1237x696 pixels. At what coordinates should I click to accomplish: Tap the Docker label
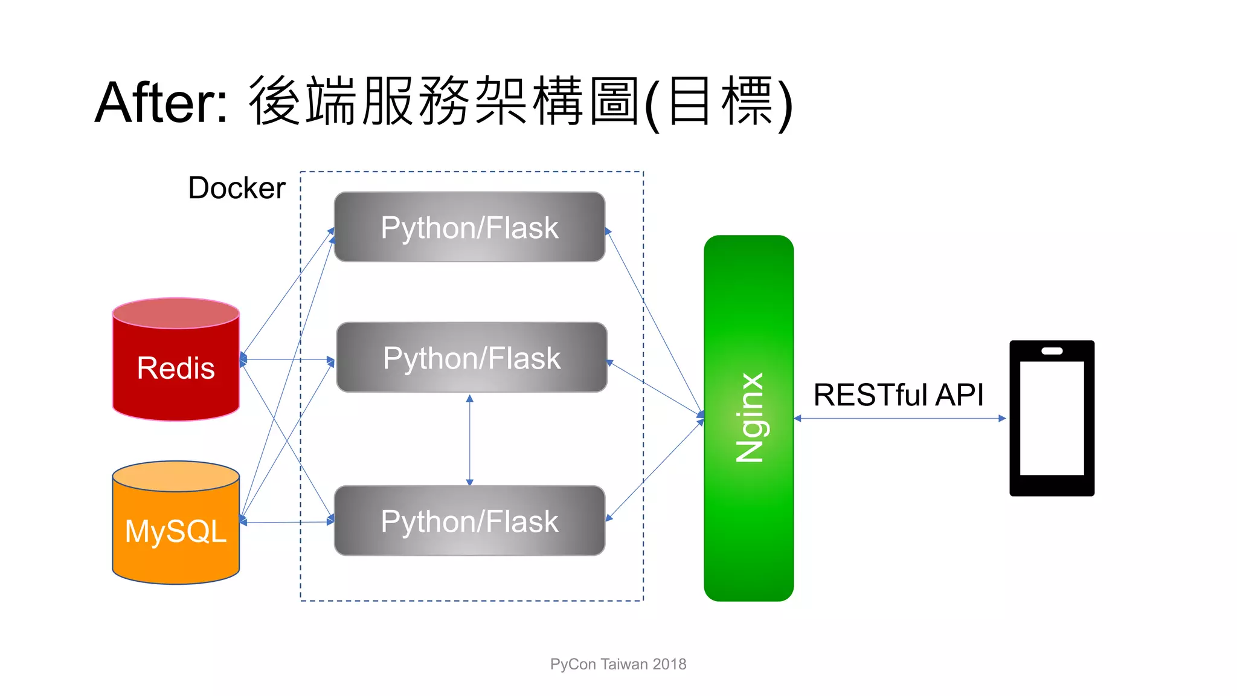point(236,188)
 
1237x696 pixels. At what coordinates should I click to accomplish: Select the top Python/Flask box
point(469,227)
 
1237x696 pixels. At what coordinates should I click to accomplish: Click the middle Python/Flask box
point(471,358)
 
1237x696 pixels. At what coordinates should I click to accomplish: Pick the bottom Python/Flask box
point(469,521)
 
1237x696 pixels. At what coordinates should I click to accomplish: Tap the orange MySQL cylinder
point(176,532)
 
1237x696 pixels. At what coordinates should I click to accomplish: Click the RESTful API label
point(898,395)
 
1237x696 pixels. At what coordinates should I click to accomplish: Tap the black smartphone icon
point(1052,418)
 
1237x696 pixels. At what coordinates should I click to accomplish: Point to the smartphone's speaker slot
point(1052,351)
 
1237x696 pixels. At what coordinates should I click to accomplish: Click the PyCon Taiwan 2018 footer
point(618,664)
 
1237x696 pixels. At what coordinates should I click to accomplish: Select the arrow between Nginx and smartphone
point(900,418)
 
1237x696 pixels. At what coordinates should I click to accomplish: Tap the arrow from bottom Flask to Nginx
point(655,469)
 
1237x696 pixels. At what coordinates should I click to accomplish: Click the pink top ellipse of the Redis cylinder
point(176,313)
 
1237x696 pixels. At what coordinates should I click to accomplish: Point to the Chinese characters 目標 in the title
point(720,101)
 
